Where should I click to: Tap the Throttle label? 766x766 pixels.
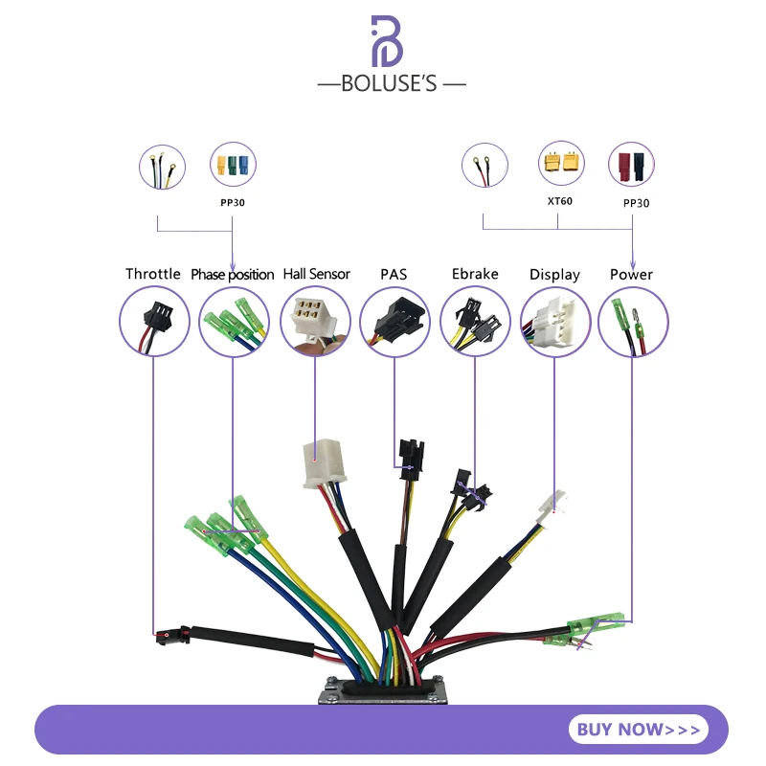pos(153,274)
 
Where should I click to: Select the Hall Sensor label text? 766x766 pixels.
pos(316,274)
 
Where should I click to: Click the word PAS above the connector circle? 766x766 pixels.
pos(393,274)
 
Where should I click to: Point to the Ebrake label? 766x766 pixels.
pos(475,274)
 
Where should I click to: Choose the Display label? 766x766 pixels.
pos(554,275)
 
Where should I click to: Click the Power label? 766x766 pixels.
pos(631,274)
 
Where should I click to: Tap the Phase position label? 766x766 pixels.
pos(233,275)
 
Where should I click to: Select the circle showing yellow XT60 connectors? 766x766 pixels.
pos(561,165)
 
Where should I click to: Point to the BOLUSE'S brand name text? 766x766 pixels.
pos(392,83)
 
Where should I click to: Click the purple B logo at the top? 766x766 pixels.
pos(391,40)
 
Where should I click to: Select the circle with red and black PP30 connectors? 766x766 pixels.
pos(632,165)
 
